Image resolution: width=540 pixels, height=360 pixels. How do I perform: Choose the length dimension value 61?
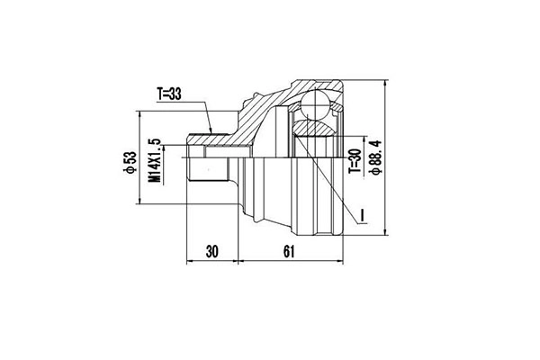point(289,251)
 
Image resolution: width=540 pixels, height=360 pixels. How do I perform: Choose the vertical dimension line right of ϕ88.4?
point(385,162)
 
